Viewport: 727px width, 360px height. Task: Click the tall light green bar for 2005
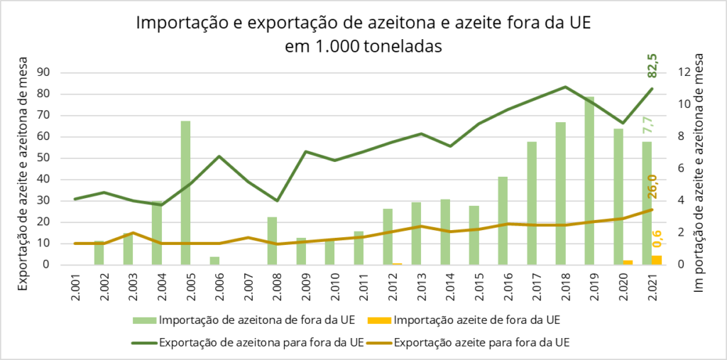coord(185,192)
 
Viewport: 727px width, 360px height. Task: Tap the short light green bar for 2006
coord(214,261)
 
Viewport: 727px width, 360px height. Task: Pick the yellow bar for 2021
coord(657,260)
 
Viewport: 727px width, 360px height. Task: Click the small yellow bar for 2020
coord(628,262)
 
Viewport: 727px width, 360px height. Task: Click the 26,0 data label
coord(652,187)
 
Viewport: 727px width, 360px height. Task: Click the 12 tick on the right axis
coord(684,72)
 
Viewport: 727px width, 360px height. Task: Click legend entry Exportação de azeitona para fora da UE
coord(261,342)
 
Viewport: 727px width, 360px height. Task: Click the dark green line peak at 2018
coord(565,87)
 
